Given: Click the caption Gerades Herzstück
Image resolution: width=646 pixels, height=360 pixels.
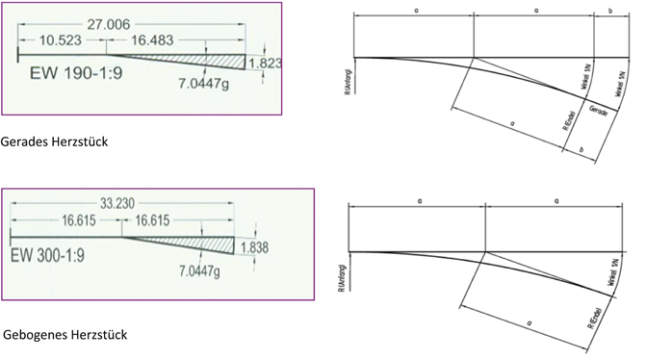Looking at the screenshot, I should point(55,141).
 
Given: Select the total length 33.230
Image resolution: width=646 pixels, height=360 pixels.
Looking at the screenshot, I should point(122,204).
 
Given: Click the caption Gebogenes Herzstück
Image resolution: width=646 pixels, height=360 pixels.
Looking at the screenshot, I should point(65,334).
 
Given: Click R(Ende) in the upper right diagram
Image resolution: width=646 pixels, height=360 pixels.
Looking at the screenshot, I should point(567,118).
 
